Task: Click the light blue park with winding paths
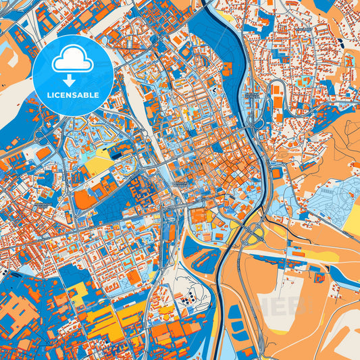[x=331, y=197]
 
